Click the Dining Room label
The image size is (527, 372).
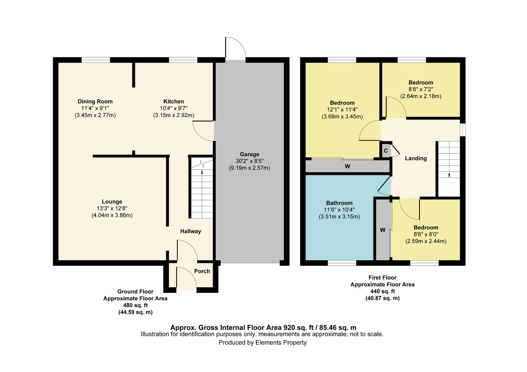pyautogui.click(x=95, y=101)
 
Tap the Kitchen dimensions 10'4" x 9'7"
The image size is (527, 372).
pyautogui.click(x=174, y=108)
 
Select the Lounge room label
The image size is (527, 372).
pyautogui.click(x=112, y=201)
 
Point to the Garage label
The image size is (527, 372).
pyautogui.click(x=249, y=154)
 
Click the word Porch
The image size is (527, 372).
pyautogui.click(x=202, y=271)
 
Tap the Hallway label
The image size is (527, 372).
pyautogui.click(x=191, y=231)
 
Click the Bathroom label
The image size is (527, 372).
pyautogui.click(x=339, y=203)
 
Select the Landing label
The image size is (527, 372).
pyautogui.click(x=416, y=158)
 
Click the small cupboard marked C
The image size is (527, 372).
pyautogui.click(x=386, y=150)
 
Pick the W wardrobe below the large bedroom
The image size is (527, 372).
pyautogui.click(x=347, y=166)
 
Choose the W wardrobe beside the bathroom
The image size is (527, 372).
pyautogui.click(x=382, y=230)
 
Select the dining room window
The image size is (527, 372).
pyautogui.click(x=96, y=60)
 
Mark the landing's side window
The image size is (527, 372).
pyautogui.click(x=462, y=130)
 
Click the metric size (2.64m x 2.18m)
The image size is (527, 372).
pyautogui.click(x=421, y=96)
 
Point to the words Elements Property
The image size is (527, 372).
pyautogui.click(x=281, y=342)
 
